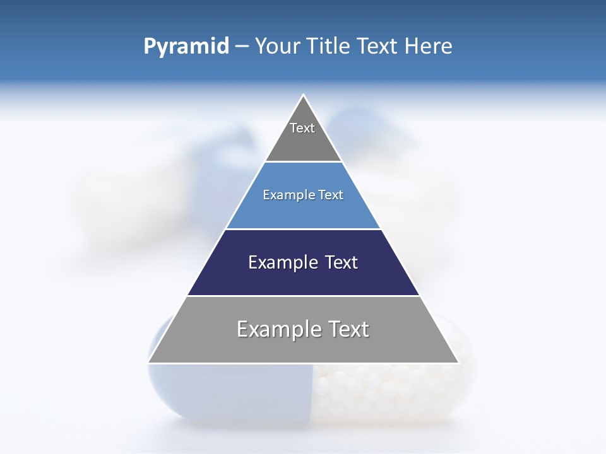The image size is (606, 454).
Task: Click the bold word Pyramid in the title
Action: click(186, 47)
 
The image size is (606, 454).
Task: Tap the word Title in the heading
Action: click(331, 47)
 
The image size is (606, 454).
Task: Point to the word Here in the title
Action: click(428, 47)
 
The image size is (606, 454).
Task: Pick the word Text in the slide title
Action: click(379, 47)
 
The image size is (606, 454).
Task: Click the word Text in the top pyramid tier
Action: click(302, 128)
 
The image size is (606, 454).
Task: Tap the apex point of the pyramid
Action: click(304, 95)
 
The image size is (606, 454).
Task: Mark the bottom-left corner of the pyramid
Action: click(148, 363)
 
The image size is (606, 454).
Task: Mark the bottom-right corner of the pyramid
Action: click(458, 363)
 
